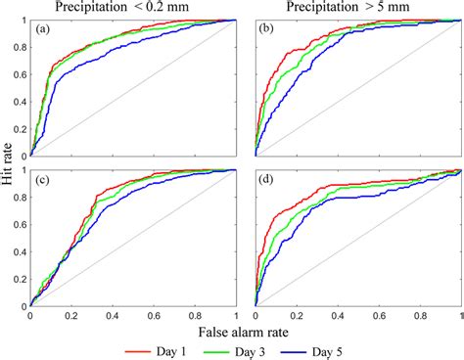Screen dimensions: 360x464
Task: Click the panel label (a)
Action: (x=43, y=29)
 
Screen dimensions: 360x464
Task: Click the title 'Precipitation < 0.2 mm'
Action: (x=134, y=8)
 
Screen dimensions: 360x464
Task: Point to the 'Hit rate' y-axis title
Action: (x=8, y=162)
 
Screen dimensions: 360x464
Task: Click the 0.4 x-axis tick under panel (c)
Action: (x=114, y=316)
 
